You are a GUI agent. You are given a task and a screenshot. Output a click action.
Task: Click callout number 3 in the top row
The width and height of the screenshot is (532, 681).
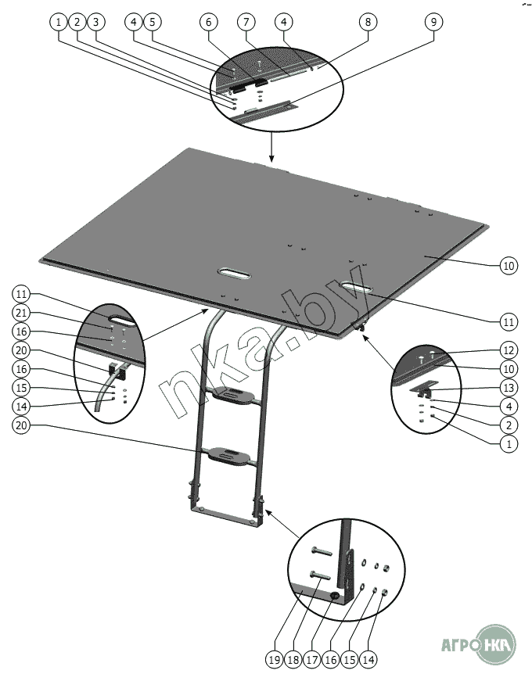pos(96,22)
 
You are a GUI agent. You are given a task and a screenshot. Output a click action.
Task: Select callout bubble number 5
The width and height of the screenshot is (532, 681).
pos(152,22)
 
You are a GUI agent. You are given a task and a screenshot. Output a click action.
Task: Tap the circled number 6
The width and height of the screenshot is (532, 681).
pos(209,22)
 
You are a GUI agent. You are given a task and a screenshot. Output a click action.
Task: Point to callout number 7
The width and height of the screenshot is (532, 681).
pos(246,22)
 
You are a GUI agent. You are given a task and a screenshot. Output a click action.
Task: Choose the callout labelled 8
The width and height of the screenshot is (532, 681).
pos(368,22)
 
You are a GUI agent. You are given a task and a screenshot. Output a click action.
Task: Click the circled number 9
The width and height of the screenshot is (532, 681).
pos(433,22)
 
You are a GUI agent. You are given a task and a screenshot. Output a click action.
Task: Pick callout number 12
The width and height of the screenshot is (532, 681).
pos(509,350)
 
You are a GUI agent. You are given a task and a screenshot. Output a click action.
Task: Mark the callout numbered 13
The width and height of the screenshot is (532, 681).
pos(509,388)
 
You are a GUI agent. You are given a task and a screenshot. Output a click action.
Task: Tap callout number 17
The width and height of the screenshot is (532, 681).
pos(311,660)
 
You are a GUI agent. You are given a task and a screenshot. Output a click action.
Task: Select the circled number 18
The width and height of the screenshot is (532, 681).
pos(293,660)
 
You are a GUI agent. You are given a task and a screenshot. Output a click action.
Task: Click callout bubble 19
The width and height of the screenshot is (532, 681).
pos(275,660)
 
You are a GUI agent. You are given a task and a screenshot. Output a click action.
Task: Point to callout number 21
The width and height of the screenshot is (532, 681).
pos(21,314)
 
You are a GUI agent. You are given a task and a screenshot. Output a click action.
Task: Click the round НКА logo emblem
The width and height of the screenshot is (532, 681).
pos(496,644)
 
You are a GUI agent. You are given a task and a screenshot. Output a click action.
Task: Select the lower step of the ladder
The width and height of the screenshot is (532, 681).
pos(230,456)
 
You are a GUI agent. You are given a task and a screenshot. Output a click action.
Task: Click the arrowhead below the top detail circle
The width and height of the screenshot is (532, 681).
pos(272,158)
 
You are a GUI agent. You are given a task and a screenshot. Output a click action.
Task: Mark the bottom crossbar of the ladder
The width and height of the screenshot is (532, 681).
pos(226,514)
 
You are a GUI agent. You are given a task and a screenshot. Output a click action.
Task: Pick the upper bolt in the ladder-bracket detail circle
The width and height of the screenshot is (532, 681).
pos(322,551)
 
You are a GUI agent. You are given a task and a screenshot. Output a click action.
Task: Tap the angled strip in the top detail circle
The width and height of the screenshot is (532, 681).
pos(269,110)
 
